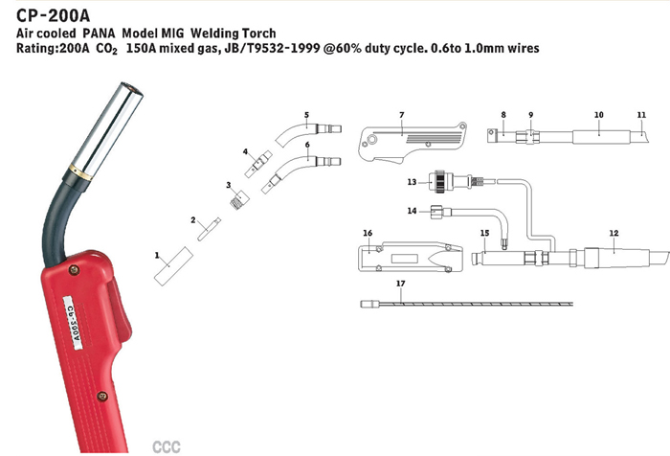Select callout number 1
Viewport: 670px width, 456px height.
click(x=156, y=255)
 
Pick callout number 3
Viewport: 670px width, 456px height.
click(x=228, y=184)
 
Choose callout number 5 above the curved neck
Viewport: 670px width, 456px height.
click(x=307, y=115)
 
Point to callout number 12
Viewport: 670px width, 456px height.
click(x=614, y=233)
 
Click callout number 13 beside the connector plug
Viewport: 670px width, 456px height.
click(x=411, y=181)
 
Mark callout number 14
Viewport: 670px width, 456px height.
click(x=412, y=210)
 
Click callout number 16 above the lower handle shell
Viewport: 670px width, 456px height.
click(x=368, y=233)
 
